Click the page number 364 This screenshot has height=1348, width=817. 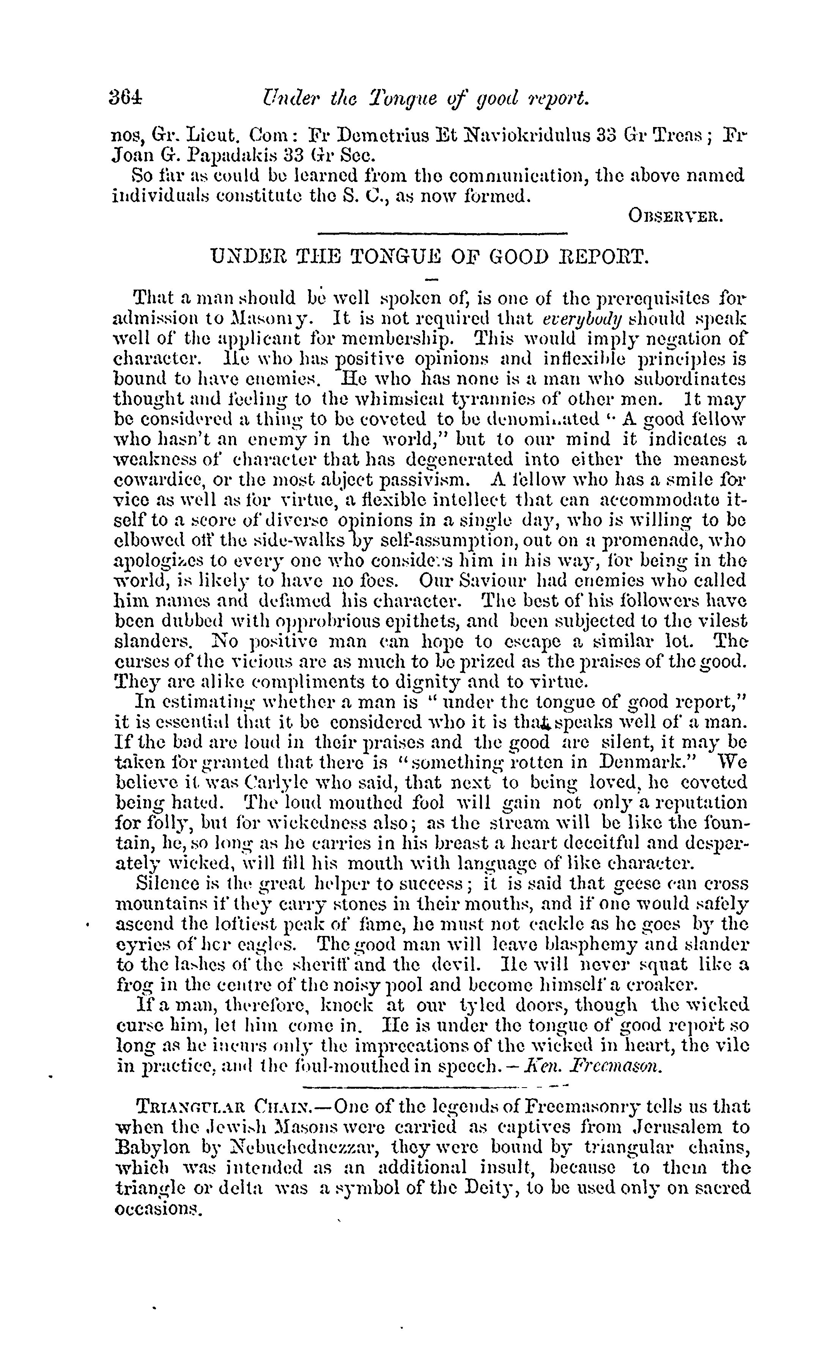125,98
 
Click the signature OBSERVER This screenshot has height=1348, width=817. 676,217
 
